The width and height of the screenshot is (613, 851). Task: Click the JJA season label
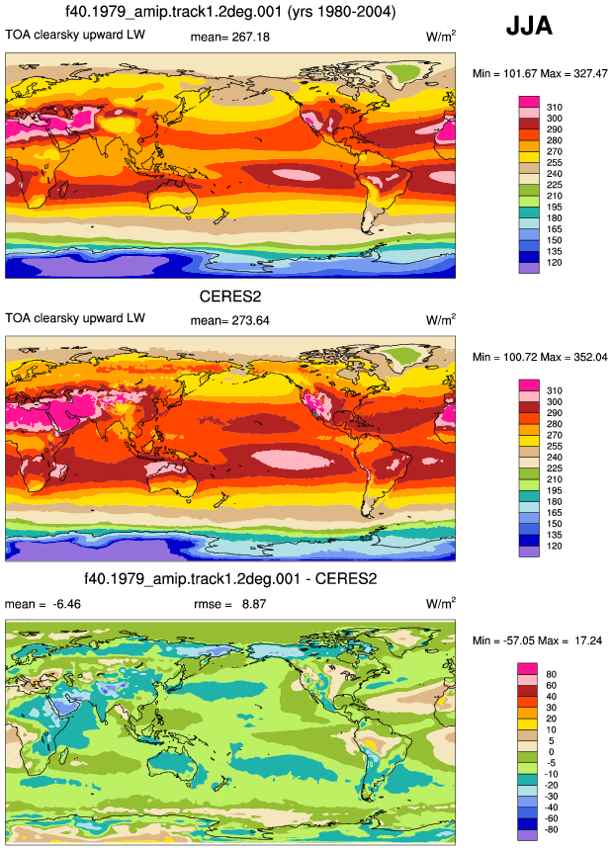[x=529, y=26]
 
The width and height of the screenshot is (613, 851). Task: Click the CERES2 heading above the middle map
[x=230, y=297]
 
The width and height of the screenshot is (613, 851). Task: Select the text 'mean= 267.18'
[x=229, y=37]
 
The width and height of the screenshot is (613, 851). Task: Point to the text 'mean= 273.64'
[x=229, y=321]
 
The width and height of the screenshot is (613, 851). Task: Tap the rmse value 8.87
[x=254, y=604]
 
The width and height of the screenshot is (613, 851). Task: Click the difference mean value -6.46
[x=67, y=604]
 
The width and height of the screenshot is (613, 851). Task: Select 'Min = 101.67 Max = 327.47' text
[x=540, y=73]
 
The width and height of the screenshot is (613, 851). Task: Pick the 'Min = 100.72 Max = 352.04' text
[x=540, y=357]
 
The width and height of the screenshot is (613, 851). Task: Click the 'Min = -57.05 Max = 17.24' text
[x=537, y=640]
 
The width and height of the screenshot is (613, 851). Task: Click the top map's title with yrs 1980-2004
[x=230, y=12]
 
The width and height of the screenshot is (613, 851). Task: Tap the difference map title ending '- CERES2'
[x=230, y=578]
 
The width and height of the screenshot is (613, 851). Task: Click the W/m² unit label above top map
[x=441, y=36]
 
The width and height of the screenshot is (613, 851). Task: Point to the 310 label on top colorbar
[x=555, y=108]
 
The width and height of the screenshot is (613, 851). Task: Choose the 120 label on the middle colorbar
[x=555, y=546]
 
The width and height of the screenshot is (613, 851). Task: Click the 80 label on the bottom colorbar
[x=551, y=674]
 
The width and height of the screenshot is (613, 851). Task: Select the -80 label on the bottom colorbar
[x=551, y=829]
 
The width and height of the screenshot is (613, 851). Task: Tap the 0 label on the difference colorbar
[x=551, y=752]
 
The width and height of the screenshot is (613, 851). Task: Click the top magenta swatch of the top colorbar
[x=529, y=102]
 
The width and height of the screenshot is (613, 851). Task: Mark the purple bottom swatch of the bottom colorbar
[x=527, y=835]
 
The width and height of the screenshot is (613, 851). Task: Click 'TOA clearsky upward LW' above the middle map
[x=75, y=318]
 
